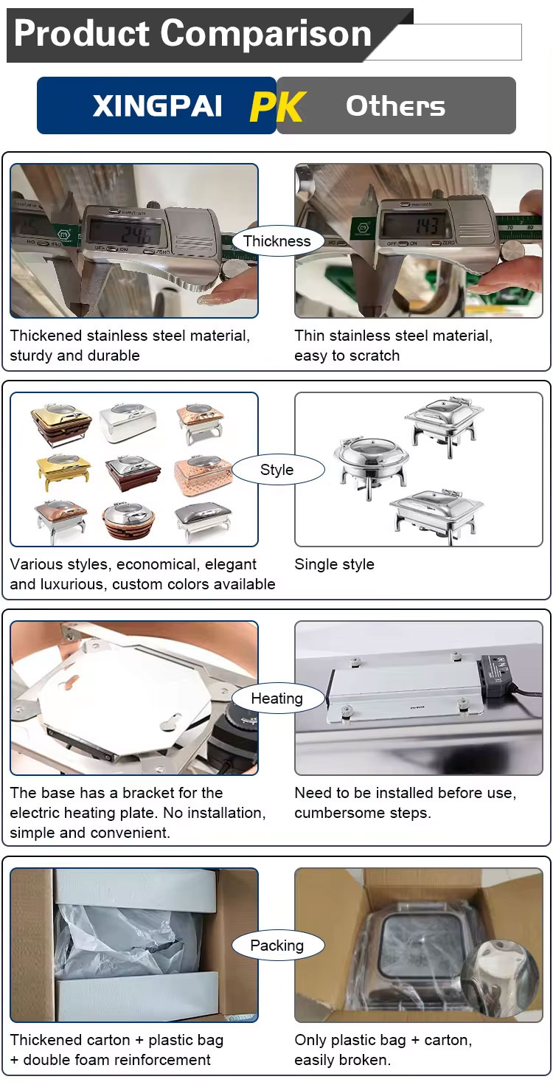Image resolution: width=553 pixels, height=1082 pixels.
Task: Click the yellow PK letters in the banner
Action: [277, 107]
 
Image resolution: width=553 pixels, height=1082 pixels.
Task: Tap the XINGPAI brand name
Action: [157, 107]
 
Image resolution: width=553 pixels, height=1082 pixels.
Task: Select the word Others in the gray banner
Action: [395, 107]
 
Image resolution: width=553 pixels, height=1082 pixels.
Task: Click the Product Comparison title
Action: [192, 34]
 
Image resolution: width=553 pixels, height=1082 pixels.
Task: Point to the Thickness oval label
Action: [277, 241]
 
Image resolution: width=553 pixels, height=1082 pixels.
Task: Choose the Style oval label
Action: [277, 470]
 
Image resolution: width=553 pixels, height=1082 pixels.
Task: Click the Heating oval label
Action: [277, 698]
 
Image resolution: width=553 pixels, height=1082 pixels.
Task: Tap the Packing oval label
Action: [277, 946]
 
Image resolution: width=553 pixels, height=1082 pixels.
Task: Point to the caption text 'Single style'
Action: [335, 564]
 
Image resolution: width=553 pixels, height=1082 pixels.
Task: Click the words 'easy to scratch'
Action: [347, 356]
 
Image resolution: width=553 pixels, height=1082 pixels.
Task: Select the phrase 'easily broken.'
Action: [342, 1060]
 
